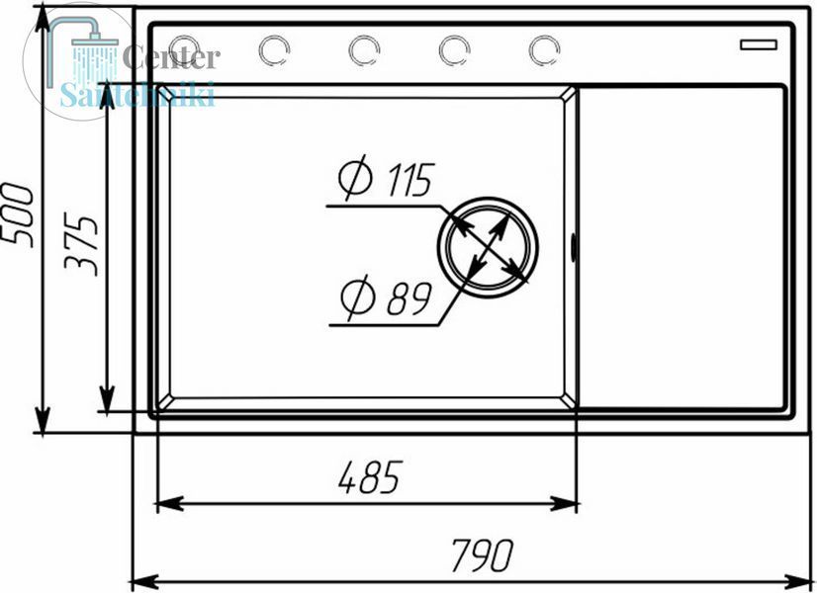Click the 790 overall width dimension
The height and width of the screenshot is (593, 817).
(483, 555)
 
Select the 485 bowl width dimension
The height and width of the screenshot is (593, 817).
(371, 477)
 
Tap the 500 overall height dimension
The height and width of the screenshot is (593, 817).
(17, 214)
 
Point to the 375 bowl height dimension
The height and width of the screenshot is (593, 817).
(81, 244)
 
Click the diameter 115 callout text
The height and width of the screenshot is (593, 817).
(386, 178)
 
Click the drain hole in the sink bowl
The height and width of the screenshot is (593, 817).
(489, 247)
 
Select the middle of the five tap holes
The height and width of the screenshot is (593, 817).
(364, 50)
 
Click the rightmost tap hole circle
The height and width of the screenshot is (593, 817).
(544, 50)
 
